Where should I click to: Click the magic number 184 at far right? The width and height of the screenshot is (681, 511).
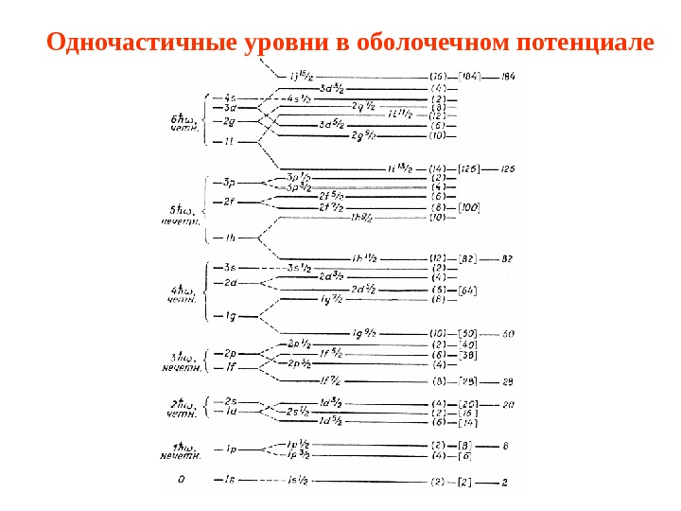tap(508, 76)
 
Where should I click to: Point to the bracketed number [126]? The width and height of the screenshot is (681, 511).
tap(468, 169)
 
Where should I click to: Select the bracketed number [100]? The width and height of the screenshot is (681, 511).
tap(468, 207)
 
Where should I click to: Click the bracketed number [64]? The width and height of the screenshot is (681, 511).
tap(466, 290)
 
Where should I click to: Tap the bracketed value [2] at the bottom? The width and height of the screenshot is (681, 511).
tap(464, 483)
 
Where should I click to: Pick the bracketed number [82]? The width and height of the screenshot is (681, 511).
tap(466, 258)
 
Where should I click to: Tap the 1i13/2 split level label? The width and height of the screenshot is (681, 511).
tap(401, 168)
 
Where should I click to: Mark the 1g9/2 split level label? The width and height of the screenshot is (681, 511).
tap(364, 333)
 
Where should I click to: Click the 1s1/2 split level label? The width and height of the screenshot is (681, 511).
tap(298, 482)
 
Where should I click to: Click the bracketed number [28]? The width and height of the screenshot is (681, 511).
tap(466, 381)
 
